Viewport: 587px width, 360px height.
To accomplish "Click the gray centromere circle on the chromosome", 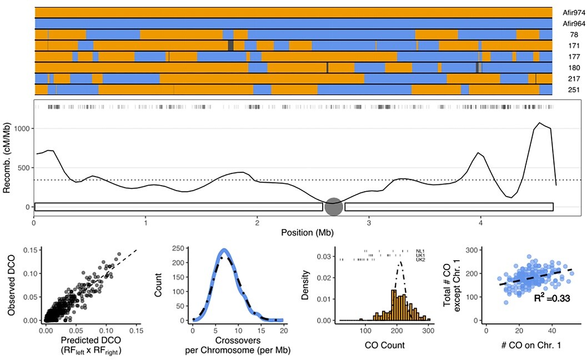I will pos(333,207).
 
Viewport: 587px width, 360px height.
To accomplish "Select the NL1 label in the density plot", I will pos(419,251).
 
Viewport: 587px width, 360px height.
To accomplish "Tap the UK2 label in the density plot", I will pos(419,259).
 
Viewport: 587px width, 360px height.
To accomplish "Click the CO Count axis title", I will pos(382,346).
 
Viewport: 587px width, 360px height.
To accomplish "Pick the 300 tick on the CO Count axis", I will pos(428,330).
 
